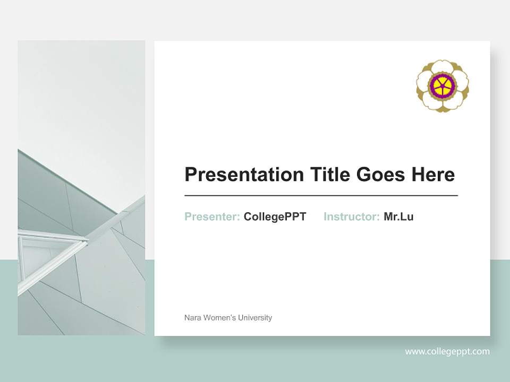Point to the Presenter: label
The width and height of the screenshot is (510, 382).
tap(212, 216)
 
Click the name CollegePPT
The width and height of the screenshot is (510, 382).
tap(275, 216)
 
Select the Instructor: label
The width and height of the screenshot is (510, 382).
tap(351, 216)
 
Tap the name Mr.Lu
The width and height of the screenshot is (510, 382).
tap(398, 216)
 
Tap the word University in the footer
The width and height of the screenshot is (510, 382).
tap(255, 318)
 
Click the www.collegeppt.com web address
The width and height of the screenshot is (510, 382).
tap(447, 351)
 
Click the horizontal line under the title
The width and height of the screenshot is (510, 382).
tap(321, 196)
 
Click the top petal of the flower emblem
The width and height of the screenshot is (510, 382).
tap(442, 68)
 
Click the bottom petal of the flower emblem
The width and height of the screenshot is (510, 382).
tap(442, 104)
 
